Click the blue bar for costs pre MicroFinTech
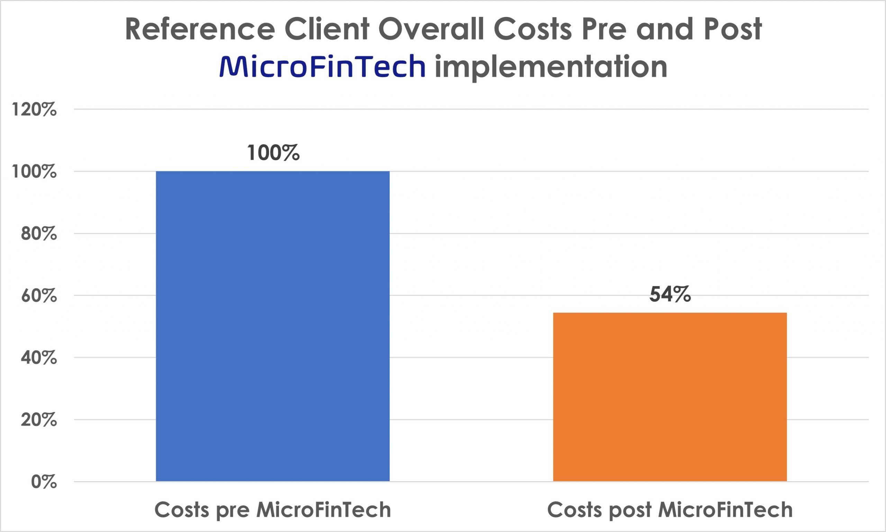pos(273,326)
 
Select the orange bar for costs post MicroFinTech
pos(670,397)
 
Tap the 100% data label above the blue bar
pos(273,153)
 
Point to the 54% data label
pos(670,295)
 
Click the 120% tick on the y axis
pos(34,109)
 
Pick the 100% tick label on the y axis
pos(34,172)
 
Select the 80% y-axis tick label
pos(39,234)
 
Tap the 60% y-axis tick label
pos(39,296)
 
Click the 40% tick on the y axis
pos(39,358)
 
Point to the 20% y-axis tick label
pos(39,420)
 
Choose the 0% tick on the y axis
pos(44,482)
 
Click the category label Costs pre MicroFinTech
pos(273,510)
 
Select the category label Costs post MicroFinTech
pos(670,510)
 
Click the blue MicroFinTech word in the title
pos(322,67)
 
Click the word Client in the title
pos(327,29)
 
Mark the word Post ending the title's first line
pos(732,29)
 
